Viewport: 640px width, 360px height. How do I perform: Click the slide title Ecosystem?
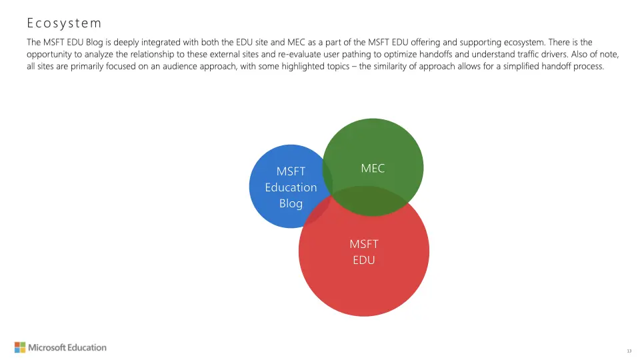64,23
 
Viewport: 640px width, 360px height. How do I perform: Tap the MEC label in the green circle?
373,169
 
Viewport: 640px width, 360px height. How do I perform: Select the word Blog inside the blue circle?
291,203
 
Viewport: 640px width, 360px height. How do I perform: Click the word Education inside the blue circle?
291,187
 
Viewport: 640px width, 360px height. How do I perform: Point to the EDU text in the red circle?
364,260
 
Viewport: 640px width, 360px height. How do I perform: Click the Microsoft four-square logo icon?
20,347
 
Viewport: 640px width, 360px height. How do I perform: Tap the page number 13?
629,351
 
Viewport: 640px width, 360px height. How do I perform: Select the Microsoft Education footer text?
67,347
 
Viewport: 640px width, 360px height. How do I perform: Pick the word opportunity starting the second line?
49,54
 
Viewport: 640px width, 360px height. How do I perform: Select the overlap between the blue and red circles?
319,212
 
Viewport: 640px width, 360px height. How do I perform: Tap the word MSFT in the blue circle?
291,171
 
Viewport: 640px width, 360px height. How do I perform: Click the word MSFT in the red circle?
364,244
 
